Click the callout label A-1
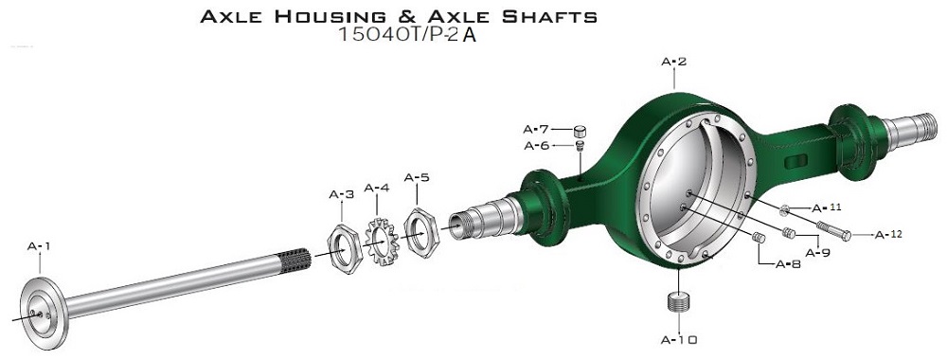[39, 246]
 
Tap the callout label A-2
[674, 62]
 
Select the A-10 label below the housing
[679, 340]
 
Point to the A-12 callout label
[888, 234]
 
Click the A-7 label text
[536, 129]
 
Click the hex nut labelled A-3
[345, 247]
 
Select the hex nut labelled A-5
[421, 232]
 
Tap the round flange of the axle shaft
[44, 313]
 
